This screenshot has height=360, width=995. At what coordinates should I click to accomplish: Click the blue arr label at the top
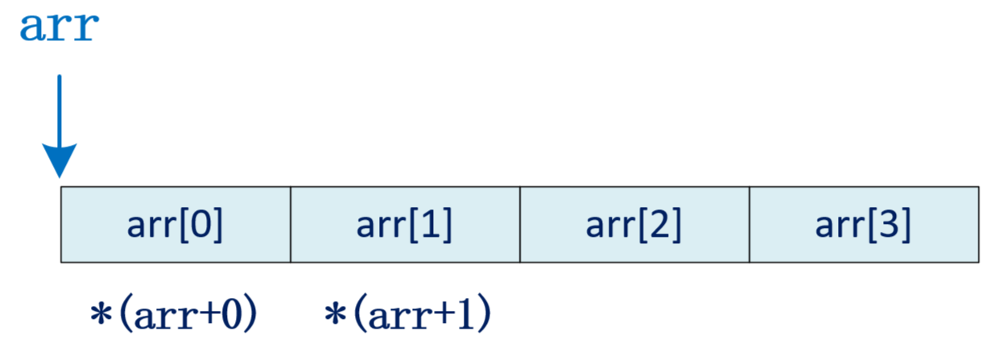[59, 28]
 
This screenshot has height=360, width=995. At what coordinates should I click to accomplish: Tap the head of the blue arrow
[60, 161]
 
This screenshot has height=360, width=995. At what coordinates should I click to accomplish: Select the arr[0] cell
[175, 225]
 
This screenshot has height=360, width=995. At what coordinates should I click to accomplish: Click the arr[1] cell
[405, 225]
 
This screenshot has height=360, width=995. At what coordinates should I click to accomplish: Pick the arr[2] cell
[634, 225]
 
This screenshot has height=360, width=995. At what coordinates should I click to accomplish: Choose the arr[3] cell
[864, 225]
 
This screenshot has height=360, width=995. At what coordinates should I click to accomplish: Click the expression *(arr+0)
[173, 314]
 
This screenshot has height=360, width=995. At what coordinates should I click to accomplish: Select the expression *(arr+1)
[407, 314]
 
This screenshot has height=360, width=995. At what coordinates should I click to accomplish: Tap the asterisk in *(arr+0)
[100, 314]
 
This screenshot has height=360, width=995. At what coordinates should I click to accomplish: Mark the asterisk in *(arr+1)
[333, 314]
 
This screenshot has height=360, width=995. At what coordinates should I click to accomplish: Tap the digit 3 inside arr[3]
[891, 226]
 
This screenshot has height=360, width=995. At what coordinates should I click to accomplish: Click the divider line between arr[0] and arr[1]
[291, 225]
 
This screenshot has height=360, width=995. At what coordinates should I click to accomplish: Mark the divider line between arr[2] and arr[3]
[749, 225]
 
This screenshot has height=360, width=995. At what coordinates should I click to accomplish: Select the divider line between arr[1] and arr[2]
[520, 225]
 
